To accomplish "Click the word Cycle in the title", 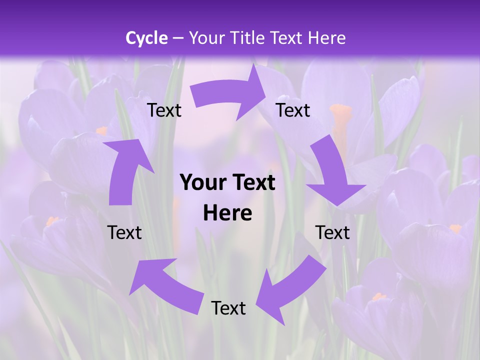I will point(146,38).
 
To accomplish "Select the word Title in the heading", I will point(247,38).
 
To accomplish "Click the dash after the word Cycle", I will point(178,38).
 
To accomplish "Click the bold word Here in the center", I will point(227,213).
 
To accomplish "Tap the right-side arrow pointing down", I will point(332,172).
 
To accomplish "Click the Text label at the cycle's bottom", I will point(228,308).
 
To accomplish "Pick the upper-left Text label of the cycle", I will point(164,110).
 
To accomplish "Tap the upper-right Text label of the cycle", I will point(293,110).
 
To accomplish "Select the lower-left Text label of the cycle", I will point(124,232).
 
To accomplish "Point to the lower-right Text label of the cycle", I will point(332,232).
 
